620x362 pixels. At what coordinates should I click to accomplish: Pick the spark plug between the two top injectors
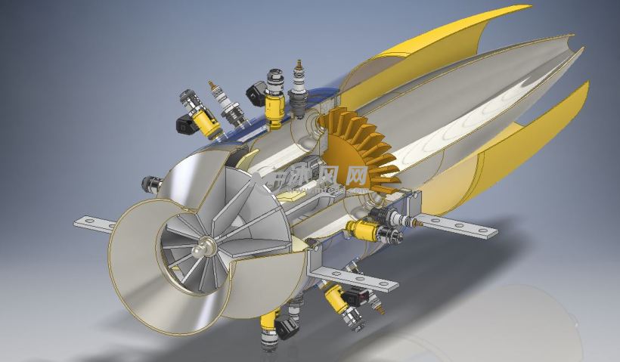pos(228,106)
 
